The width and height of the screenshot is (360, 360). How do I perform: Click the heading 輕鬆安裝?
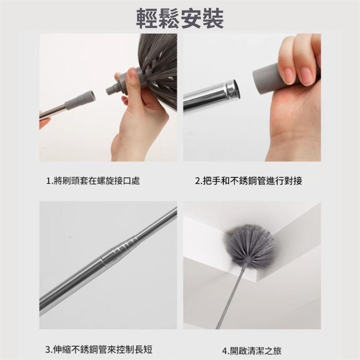[180, 18]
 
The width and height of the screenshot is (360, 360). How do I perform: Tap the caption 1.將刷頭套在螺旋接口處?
[93, 181]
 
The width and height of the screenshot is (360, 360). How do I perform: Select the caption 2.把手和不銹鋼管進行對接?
[249, 181]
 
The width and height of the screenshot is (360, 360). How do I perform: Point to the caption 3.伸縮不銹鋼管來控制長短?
[99, 349]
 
